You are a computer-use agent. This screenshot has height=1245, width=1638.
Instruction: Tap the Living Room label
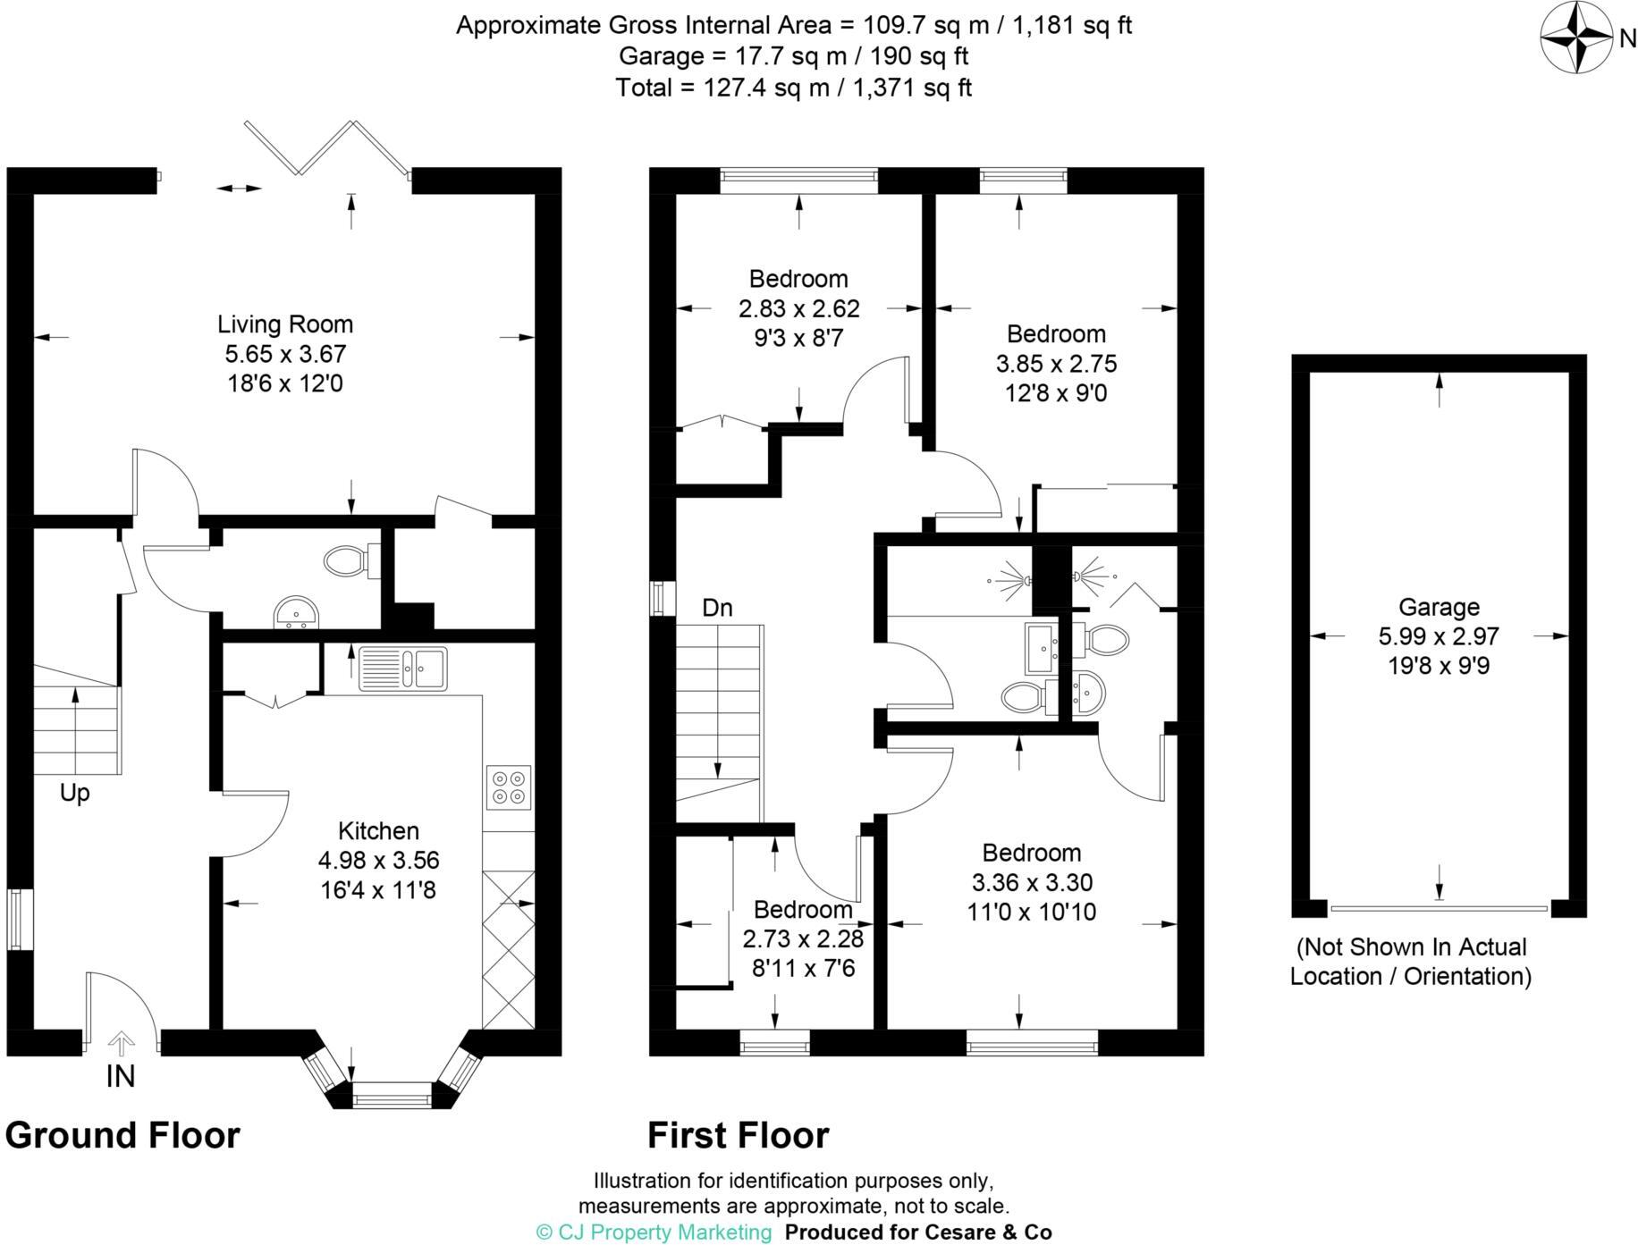point(285,324)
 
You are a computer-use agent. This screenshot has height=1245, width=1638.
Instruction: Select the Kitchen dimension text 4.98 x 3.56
point(378,861)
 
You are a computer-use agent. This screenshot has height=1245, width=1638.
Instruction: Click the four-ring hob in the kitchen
point(509,787)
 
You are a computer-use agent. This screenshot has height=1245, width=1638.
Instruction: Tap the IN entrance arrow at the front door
point(122,1044)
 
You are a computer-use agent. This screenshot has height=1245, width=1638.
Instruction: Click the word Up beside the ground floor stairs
point(75,793)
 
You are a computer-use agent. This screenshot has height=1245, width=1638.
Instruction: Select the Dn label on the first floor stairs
point(717,609)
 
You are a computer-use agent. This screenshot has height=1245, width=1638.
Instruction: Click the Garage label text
point(1439,607)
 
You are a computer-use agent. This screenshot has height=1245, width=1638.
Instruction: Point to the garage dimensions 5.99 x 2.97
point(1439,636)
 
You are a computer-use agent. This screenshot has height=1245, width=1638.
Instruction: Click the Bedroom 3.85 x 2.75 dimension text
point(1056,364)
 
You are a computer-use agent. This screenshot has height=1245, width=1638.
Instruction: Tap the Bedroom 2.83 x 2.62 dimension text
point(798,308)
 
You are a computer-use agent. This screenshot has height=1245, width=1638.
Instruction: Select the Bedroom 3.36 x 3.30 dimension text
point(1032,882)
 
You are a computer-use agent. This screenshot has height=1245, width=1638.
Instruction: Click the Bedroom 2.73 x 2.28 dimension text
point(803,939)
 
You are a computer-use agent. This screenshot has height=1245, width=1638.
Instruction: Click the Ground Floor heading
point(122,1135)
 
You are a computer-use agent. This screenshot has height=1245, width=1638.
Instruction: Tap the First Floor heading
point(738,1135)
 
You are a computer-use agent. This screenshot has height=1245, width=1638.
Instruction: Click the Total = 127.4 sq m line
point(793,88)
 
